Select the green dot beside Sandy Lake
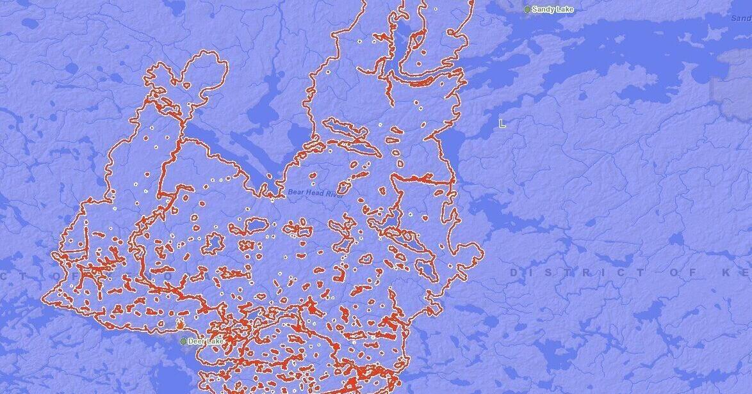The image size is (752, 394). click(x=527, y=10)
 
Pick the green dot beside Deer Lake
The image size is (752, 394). click(x=183, y=342)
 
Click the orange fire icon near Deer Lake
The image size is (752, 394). click(x=179, y=326)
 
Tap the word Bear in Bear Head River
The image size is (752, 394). click(x=294, y=192)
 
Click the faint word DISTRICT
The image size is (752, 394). click(x=576, y=273)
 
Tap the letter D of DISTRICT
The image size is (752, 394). click(x=514, y=273)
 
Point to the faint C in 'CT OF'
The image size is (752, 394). click(x=4, y=275)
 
